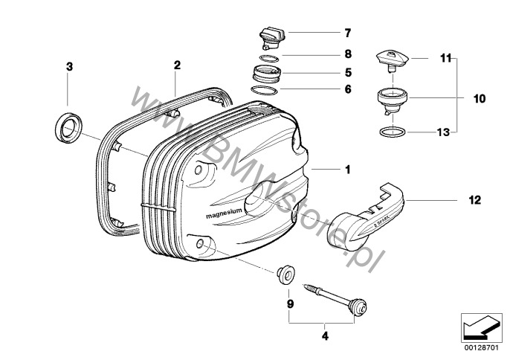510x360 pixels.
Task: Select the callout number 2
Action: tap(177, 65)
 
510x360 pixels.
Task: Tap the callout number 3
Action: tap(69, 67)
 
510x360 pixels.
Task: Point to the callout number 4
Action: tap(324, 336)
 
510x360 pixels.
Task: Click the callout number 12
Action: tap(474, 200)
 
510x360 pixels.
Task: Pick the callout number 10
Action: tap(479, 97)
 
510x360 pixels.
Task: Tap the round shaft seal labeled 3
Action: tap(68, 126)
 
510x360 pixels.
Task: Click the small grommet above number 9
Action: tap(283, 272)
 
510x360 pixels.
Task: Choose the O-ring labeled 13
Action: tap(388, 132)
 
